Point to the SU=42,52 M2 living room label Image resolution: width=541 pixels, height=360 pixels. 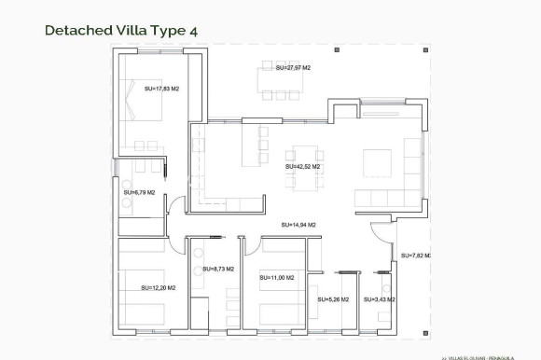click(x=303, y=166)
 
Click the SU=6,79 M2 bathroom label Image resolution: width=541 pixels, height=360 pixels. click(x=139, y=193)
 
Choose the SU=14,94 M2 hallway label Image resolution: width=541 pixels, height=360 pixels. click(x=298, y=225)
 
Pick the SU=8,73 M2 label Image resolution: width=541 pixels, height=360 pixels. click(x=216, y=269)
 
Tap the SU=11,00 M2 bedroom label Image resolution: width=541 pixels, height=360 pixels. click(x=277, y=278)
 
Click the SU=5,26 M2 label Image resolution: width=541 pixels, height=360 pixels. click(x=333, y=299)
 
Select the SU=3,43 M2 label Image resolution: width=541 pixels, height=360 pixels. click(x=379, y=299)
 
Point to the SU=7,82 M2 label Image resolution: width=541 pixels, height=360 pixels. click(x=417, y=255)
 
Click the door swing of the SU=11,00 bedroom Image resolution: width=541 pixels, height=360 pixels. click(x=254, y=245)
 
